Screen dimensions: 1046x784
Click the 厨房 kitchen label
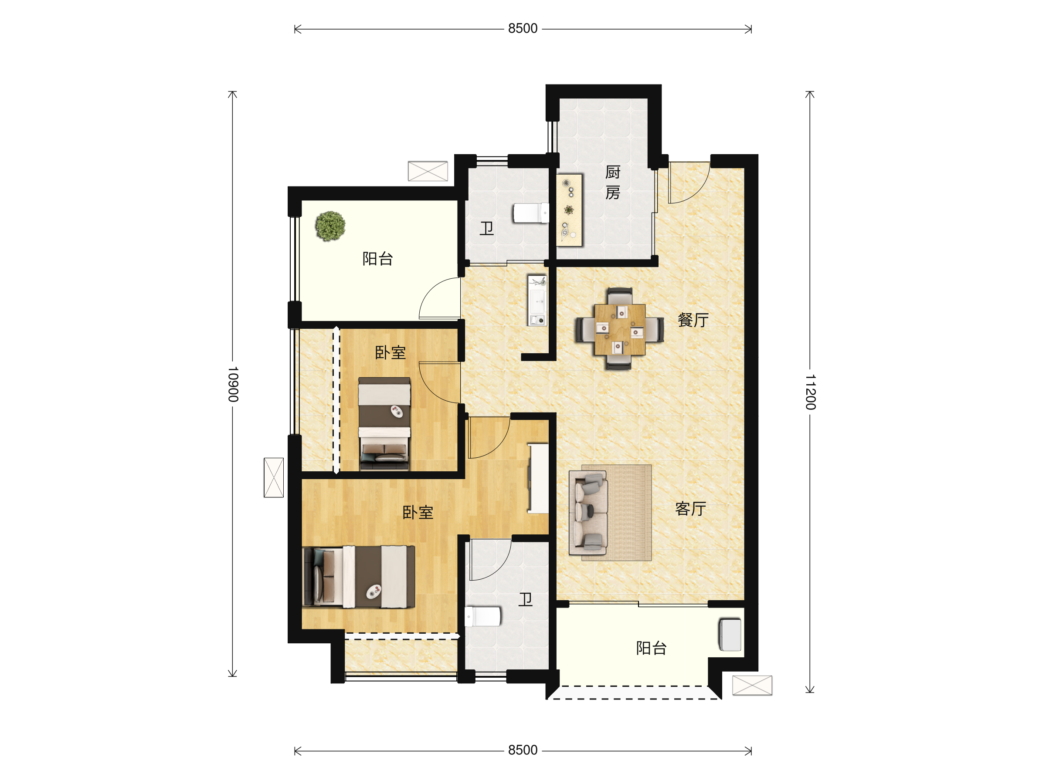(613, 182)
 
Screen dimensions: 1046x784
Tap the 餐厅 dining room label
(693, 321)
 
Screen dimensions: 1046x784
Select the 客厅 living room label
(691, 509)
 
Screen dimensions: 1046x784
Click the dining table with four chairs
(619, 329)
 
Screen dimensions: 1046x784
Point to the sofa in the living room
(588, 513)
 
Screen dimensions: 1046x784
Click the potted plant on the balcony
(330, 226)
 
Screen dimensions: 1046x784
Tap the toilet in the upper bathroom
(531, 213)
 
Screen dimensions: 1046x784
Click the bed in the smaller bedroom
(384, 424)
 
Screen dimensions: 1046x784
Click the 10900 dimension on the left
(233, 384)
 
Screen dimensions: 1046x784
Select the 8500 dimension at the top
(523, 28)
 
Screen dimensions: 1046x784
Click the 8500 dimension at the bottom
(523, 750)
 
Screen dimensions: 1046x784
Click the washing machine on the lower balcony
(730, 635)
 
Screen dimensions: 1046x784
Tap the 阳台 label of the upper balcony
(378, 259)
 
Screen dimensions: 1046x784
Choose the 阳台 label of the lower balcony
(652, 649)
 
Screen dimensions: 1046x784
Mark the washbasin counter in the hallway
(537, 301)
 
